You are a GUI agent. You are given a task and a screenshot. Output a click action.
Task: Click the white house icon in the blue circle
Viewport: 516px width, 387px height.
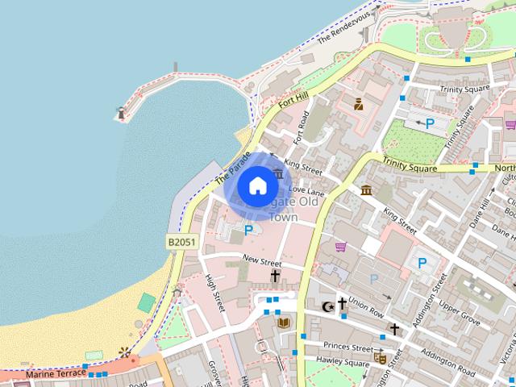click(257, 186)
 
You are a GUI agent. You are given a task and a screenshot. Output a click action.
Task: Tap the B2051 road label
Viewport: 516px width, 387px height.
click(182, 241)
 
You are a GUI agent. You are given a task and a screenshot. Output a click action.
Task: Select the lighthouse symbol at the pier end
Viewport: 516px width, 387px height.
click(122, 114)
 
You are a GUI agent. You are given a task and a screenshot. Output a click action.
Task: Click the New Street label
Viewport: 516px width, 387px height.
click(261, 261)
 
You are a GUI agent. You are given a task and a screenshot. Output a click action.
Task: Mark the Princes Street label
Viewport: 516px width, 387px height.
click(351, 348)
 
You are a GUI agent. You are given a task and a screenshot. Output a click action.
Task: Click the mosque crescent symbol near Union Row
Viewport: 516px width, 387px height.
click(327, 306)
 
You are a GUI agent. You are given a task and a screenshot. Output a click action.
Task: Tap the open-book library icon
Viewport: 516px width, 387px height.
click(283, 322)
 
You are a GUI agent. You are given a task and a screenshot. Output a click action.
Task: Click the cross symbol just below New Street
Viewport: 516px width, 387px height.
click(275, 277)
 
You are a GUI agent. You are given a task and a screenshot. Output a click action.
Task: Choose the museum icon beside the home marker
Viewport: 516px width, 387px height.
click(279, 173)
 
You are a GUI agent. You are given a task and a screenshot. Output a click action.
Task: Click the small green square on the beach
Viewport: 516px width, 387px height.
click(146, 302)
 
